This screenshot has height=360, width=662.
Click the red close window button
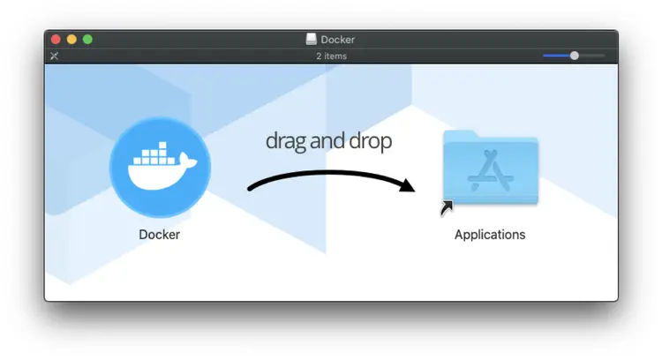[x=56, y=39]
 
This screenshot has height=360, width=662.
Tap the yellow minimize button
[x=71, y=39]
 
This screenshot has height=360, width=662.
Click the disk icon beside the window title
[x=312, y=39]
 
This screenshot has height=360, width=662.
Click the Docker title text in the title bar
[x=337, y=39]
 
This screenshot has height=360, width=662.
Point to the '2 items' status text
[x=331, y=56]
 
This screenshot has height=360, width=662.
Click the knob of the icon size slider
[x=575, y=56]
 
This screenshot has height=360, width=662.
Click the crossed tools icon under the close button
[x=54, y=56]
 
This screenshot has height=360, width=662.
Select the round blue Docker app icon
[x=160, y=167]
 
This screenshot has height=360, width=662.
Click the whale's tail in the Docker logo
[x=187, y=161]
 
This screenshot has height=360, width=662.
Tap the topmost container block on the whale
[x=163, y=146]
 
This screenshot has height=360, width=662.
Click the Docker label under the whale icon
[x=159, y=234]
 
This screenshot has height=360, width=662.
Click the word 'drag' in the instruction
[x=286, y=141]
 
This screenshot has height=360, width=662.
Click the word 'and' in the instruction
[x=327, y=140]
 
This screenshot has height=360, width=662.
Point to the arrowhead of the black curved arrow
[x=407, y=185]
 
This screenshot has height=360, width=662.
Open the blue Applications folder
[x=491, y=168]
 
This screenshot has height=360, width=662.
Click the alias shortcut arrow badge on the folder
[x=447, y=208]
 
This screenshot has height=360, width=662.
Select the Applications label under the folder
[x=490, y=234]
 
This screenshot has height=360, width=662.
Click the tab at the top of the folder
[x=460, y=135]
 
